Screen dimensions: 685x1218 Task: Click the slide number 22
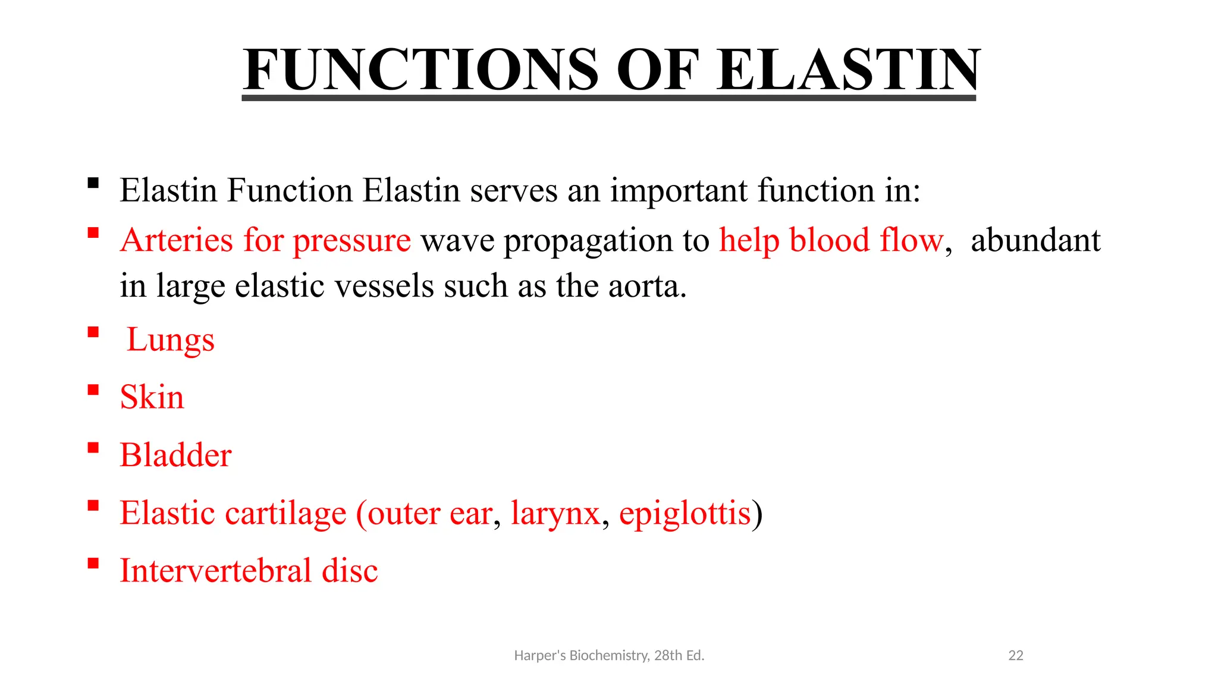[1016, 655]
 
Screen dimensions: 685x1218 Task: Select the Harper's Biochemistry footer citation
[609, 655]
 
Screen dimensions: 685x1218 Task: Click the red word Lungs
[170, 340]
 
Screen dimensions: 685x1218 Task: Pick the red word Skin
[152, 397]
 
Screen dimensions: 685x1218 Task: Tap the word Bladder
[175, 455]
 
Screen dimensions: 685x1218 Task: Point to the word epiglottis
[685, 513]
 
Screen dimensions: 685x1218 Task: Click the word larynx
[555, 514]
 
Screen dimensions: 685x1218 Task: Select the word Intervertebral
[215, 570]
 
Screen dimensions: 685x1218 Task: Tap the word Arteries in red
[177, 240]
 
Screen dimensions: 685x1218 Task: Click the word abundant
[1035, 240]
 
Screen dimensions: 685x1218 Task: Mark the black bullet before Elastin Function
[93, 183]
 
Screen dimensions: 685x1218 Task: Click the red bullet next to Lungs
[93, 332]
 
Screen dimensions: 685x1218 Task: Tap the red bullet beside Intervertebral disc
[93, 563]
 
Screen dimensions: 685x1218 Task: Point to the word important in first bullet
[679, 191]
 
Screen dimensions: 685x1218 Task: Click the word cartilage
[286, 514]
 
